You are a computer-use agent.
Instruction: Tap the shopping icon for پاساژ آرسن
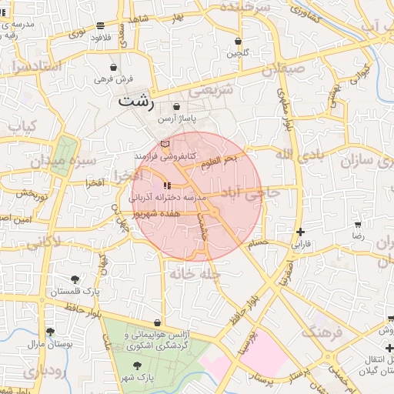coord(177,107)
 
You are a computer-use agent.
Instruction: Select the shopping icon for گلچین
coord(238,41)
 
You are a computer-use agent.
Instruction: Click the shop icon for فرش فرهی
coord(114,67)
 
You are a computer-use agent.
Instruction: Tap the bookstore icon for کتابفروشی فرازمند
coord(164,143)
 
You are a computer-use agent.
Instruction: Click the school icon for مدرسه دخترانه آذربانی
coord(167,185)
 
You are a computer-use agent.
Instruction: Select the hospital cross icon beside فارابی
coord(299,232)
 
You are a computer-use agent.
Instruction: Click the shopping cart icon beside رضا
coord(358,225)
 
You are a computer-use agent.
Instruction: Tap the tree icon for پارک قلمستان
coord(75,279)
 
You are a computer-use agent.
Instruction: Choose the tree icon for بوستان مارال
coord(51,332)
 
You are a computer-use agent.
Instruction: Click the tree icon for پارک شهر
coord(137,366)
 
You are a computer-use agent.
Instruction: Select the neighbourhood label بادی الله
coord(295,157)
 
